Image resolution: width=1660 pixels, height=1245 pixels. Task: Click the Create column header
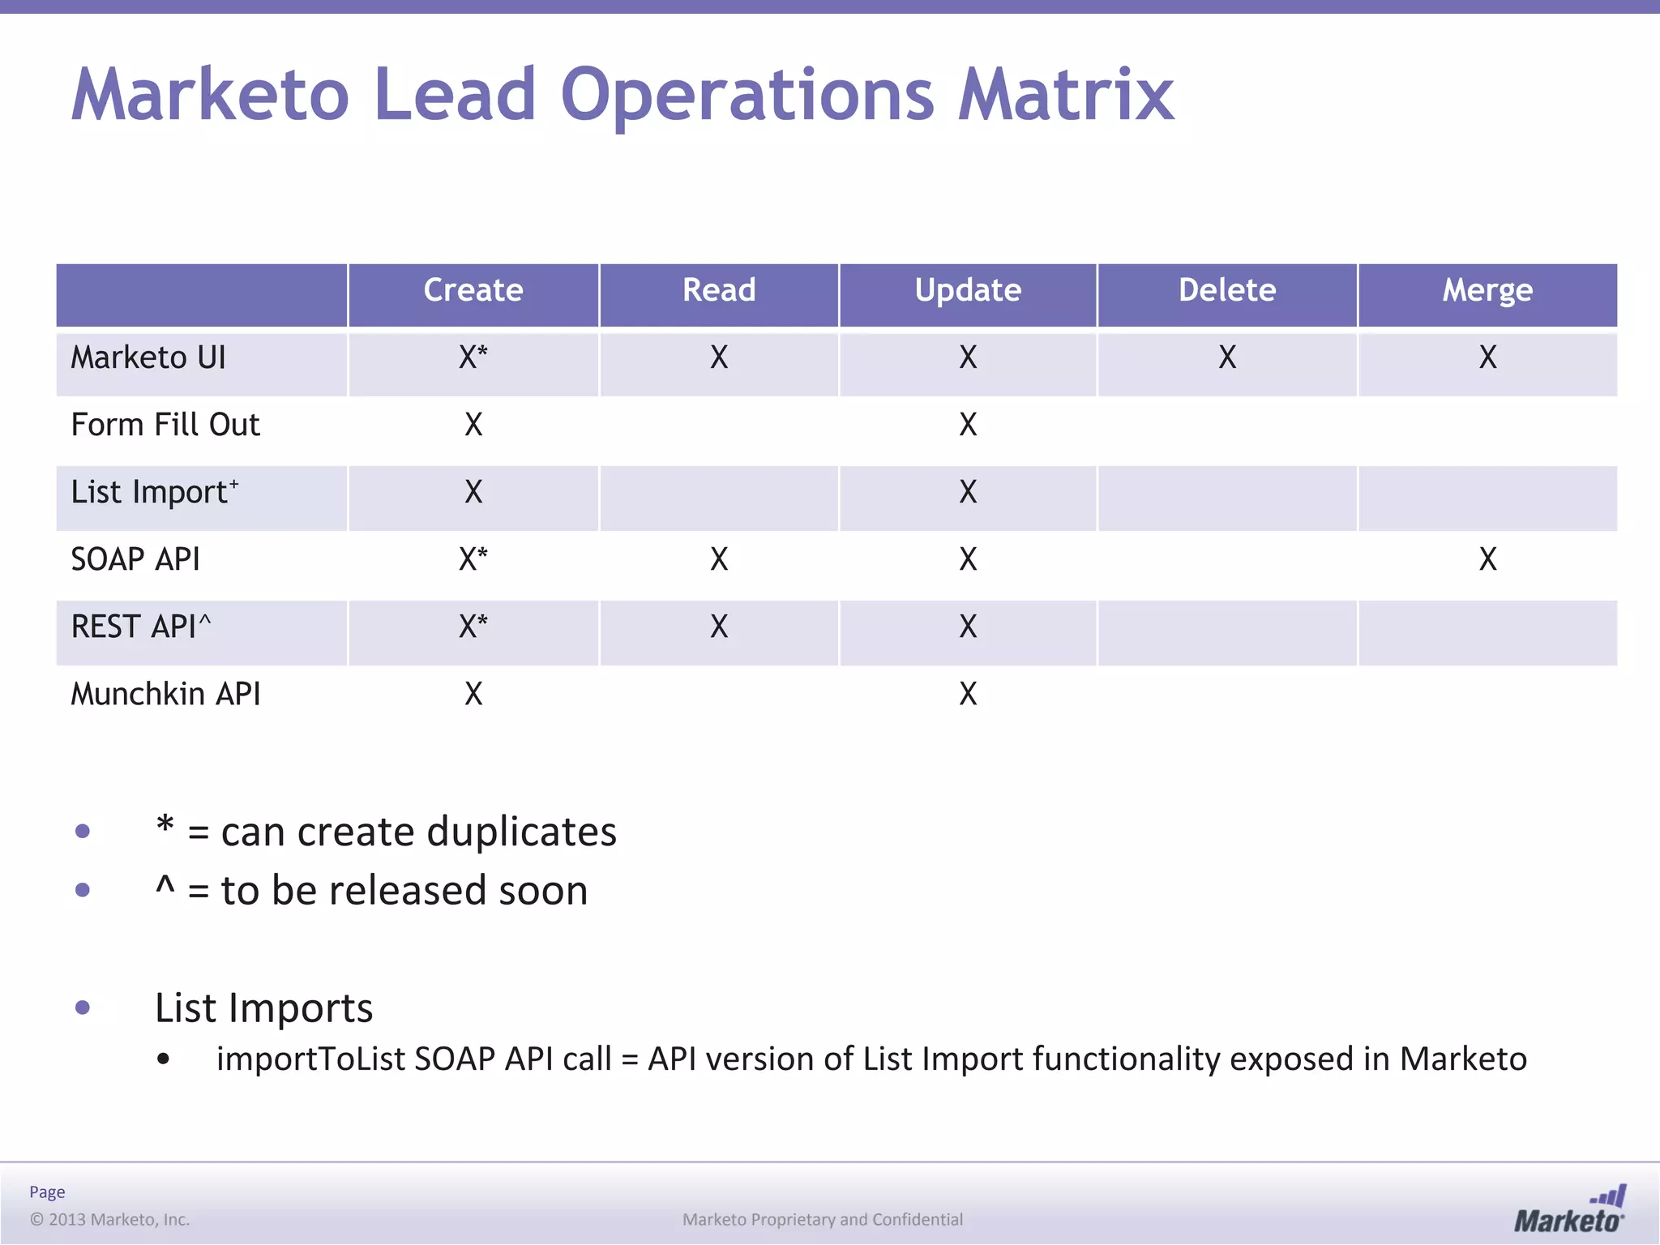[x=473, y=290]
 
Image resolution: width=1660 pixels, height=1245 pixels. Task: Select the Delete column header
[x=1227, y=290]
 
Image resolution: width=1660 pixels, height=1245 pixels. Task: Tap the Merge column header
[x=1487, y=290]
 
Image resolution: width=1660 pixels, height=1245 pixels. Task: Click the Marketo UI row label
[x=148, y=357]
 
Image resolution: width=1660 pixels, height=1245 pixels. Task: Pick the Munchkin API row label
[x=166, y=694]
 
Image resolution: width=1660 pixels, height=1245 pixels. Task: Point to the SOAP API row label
[x=135, y=559]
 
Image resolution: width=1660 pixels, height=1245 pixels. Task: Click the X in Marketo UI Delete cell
[x=1227, y=357]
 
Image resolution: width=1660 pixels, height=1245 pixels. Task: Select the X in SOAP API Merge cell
[x=1487, y=559]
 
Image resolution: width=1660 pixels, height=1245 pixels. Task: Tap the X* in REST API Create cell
[x=473, y=627]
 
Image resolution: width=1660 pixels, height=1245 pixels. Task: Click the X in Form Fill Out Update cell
[x=968, y=425]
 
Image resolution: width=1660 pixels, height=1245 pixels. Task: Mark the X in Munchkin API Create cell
[x=473, y=694]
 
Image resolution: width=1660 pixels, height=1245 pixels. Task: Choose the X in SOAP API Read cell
[x=719, y=559]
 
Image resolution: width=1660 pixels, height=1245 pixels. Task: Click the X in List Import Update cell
[x=968, y=492]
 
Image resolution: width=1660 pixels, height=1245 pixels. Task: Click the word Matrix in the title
[x=1066, y=96]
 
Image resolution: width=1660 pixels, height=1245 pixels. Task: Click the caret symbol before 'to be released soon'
[x=165, y=886]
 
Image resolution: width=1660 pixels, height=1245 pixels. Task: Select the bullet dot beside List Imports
[x=83, y=1008]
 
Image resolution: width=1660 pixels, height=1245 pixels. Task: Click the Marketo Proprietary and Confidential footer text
[x=823, y=1219]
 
